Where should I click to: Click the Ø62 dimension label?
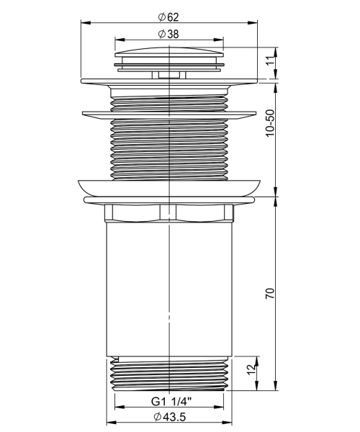[x=168, y=17]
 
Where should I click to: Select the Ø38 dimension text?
[x=168, y=34]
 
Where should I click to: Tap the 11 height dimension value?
[x=271, y=60]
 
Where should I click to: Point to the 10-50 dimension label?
[x=270, y=123]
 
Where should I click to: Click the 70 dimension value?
[x=270, y=294]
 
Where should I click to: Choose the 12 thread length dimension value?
[x=251, y=369]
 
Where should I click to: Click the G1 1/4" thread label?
[x=171, y=402]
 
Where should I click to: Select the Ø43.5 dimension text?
[x=170, y=417]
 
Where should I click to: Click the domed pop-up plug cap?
[x=169, y=53]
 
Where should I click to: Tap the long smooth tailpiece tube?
[x=169, y=289]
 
